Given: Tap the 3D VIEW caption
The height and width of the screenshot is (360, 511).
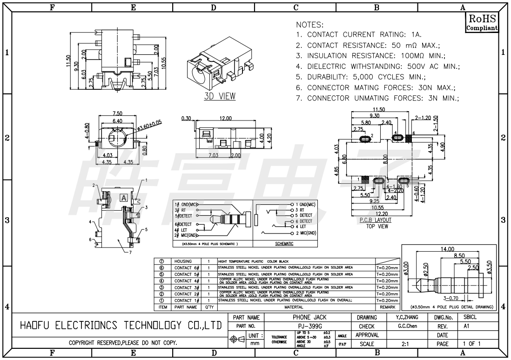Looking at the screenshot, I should pyautogui.click(x=220, y=97).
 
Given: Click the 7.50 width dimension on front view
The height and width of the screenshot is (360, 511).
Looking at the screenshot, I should pyautogui.click(x=117, y=113).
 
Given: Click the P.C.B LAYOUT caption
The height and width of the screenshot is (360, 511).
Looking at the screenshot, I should pyautogui.click(x=376, y=220).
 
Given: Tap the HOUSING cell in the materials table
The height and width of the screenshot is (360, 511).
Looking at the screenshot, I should pyautogui.click(x=183, y=261).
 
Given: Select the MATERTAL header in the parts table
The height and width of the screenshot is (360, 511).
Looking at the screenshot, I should pyautogui.click(x=296, y=307).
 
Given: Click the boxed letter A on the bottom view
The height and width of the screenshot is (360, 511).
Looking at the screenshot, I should pyautogui.click(x=124, y=197).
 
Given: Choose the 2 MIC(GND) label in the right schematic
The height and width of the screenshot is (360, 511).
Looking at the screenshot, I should pyautogui.click(x=305, y=233).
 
